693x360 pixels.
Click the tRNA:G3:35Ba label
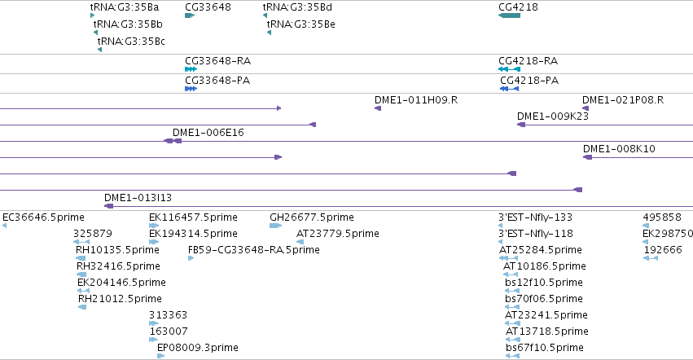125,7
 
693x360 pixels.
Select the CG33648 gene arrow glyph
190,15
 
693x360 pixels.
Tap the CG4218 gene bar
509,15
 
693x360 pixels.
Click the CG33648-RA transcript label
217,60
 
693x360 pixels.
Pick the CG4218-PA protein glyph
509,89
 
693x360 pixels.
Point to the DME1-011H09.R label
416,100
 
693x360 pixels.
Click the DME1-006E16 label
208,132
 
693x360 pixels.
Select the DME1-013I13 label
138,198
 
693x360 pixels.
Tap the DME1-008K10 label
619,148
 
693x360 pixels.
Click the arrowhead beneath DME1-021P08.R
586,108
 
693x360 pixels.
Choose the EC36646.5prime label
43,217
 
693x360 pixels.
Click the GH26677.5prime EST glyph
275,226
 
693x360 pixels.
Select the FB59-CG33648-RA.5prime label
254,250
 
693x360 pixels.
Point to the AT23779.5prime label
338,234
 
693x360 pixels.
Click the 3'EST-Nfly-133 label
535,217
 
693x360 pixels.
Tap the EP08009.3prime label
198,348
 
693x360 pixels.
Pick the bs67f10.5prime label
545,348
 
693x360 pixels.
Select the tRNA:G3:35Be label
301,24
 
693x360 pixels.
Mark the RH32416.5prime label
118,266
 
